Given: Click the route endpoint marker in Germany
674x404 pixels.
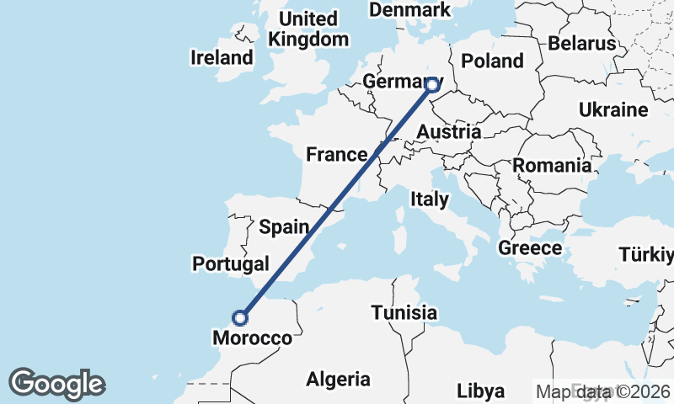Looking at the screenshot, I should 432,84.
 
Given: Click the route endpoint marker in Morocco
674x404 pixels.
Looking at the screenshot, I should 241,317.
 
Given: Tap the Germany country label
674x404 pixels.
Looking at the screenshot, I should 396,82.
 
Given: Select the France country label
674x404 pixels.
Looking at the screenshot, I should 335,154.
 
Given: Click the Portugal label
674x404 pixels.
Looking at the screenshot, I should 231,263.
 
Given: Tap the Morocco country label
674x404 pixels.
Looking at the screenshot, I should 252,338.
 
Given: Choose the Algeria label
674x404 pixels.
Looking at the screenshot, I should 338,379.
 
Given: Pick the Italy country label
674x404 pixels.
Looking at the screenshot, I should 430,199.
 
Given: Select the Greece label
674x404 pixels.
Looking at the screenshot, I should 530,248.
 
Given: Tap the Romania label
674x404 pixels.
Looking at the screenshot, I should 553,166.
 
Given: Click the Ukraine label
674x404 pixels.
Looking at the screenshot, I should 613,110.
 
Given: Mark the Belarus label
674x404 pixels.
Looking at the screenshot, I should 581,43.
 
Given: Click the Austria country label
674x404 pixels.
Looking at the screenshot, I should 449,132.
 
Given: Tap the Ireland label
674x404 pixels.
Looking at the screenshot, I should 222,58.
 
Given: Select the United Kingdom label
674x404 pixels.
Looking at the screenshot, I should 308,29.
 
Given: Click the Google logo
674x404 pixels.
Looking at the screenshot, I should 57,384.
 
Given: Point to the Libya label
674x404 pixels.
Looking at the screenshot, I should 481,391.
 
